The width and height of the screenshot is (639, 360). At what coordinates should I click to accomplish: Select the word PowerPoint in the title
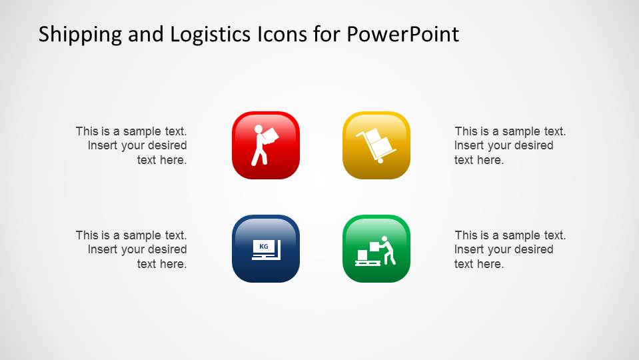click(402, 34)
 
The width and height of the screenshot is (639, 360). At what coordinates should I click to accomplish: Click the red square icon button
click(266, 145)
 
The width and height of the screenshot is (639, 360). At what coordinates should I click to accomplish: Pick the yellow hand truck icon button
click(376, 145)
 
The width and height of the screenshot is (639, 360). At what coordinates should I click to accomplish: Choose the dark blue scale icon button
click(266, 249)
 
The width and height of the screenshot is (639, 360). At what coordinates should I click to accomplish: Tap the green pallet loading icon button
click(376, 249)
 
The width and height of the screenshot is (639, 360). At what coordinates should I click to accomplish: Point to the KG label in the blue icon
click(264, 247)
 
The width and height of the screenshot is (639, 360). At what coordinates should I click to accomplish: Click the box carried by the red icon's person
click(269, 136)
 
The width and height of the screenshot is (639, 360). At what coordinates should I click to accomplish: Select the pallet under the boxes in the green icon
click(366, 263)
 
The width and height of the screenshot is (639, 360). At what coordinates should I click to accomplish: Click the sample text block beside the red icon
click(131, 145)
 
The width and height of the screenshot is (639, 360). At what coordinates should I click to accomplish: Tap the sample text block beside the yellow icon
click(510, 145)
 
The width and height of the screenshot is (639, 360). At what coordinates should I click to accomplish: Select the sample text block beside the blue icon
click(131, 249)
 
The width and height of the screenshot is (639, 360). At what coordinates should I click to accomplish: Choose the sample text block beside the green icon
click(510, 249)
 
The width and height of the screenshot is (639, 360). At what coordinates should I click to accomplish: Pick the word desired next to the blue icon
click(167, 249)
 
